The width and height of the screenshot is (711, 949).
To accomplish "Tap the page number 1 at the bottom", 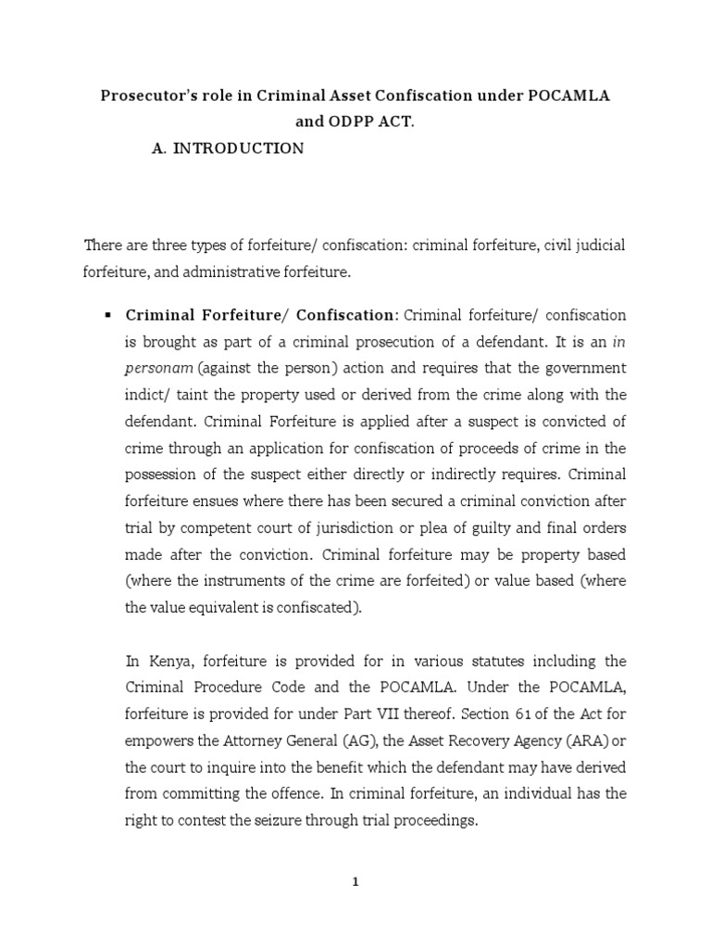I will pyautogui.click(x=355, y=882).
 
